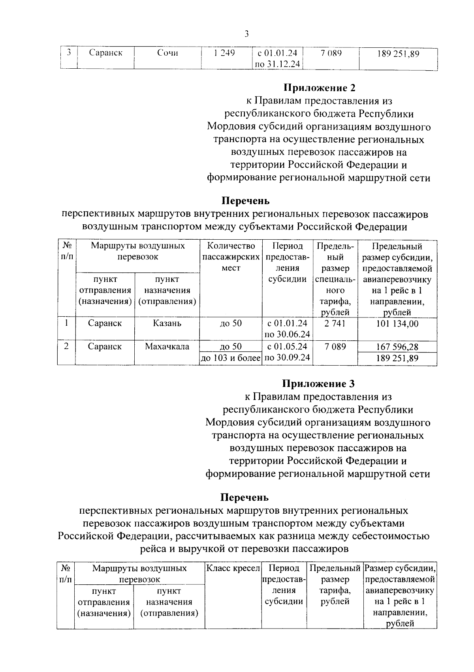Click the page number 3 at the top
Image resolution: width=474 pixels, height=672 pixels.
pyautogui.click(x=246, y=34)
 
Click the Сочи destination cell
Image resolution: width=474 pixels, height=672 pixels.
pyautogui.click(x=167, y=53)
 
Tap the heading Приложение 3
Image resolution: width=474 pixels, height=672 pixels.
pyautogui.click(x=318, y=383)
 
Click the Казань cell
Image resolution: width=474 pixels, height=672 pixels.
pyautogui.click(x=167, y=323)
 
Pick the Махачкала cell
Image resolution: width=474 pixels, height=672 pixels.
pyautogui.click(x=167, y=347)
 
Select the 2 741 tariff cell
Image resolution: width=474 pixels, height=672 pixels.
pyautogui.click(x=335, y=323)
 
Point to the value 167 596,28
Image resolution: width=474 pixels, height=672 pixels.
pyautogui.click(x=397, y=347)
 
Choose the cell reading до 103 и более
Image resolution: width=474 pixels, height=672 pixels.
pyautogui.click(x=231, y=359)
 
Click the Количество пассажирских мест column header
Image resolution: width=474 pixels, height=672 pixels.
pyautogui.click(x=231, y=257)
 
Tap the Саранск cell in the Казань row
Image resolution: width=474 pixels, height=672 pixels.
pyautogui.click(x=105, y=323)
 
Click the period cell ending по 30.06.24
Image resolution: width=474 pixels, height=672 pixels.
pyautogui.click(x=287, y=329)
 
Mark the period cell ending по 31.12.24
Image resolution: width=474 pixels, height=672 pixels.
pyautogui.click(x=277, y=58)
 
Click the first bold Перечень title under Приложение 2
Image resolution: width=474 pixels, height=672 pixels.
pyautogui.click(x=245, y=201)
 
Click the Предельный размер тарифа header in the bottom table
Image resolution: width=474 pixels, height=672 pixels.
pyautogui.click(x=335, y=585)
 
